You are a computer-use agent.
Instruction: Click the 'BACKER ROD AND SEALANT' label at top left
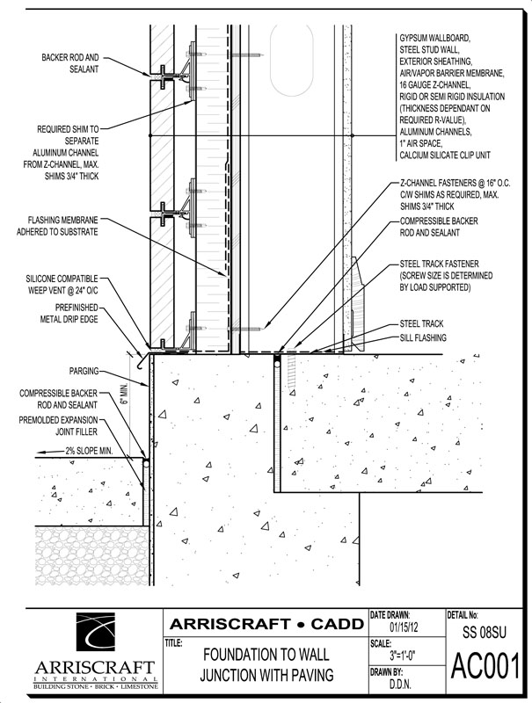[x=69, y=62]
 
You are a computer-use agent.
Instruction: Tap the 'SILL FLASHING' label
[x=423, y=337]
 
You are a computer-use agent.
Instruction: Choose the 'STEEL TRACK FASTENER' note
[x=440, y=263]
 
